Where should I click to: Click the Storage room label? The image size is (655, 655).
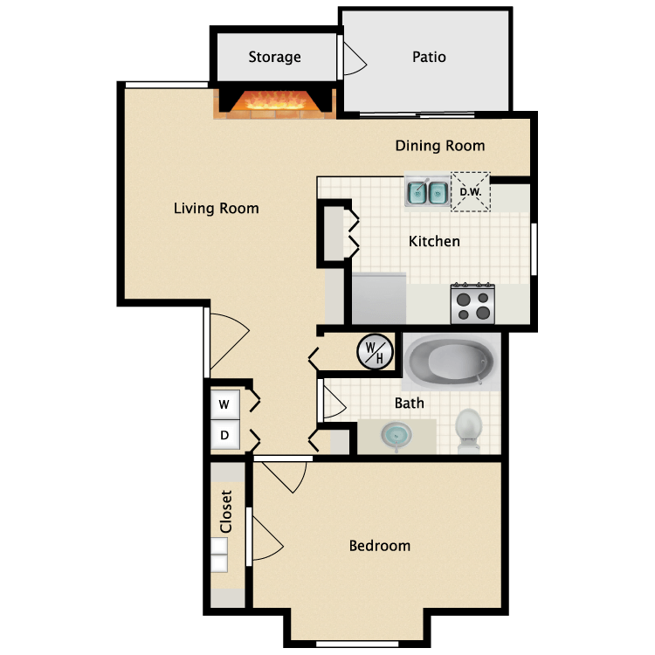coord(274,58)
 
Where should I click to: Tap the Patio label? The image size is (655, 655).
coord(429,58)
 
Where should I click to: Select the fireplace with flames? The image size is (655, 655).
coord(276,101)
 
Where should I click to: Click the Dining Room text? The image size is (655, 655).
coord(439,146)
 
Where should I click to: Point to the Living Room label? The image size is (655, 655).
coord(216,208)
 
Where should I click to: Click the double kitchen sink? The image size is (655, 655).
coord(427,191)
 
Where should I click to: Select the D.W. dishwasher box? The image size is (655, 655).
coord(471,191)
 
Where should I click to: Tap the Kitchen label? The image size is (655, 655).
coord(434,241)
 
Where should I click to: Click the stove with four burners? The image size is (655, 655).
coord(472,304)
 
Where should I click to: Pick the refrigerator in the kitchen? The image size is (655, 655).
coord(379,299)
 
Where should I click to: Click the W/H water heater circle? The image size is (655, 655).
coord(375,353)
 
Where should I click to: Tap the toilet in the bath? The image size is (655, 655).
coord(469,430)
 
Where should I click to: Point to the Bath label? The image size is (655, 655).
coord(409,403)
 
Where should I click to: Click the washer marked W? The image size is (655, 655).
coord(224,404)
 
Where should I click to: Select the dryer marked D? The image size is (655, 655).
coord(224,435)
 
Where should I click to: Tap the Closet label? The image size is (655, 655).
coord(226,512)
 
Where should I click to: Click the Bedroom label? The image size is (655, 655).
coord(379,546)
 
